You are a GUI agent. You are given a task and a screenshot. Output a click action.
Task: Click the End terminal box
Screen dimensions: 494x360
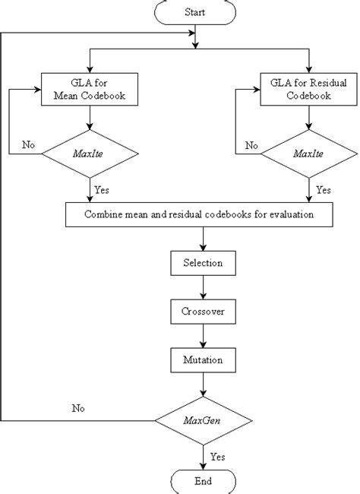(x=202, y=480)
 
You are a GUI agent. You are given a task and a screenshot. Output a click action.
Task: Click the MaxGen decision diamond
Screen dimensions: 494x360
(x=202, y=419)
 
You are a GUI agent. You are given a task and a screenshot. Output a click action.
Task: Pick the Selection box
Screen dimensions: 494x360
(x=202, y=263)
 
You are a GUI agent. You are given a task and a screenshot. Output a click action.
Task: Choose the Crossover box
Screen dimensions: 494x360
(x=202, y=311)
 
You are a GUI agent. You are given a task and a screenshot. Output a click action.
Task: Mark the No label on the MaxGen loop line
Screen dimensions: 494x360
(x=78, y=408)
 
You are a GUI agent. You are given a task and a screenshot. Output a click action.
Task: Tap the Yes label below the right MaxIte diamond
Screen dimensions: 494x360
(x=323, y=189)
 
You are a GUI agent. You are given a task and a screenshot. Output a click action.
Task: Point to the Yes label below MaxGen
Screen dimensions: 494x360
(x=216, y=458)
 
